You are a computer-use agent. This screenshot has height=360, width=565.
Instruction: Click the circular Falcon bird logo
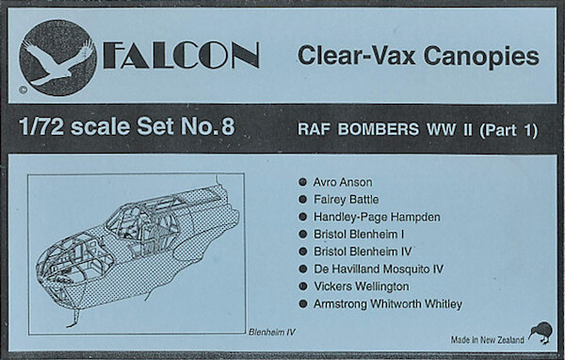point(57,57)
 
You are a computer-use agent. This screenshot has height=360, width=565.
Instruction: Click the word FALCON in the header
point(181,56)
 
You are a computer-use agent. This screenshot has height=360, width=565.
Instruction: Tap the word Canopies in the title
point(481,57)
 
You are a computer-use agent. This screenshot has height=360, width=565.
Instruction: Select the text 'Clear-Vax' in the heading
point(356,56)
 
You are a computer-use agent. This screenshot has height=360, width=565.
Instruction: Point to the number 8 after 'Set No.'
point(228,126)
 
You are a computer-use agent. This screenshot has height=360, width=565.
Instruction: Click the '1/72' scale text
point(41,126)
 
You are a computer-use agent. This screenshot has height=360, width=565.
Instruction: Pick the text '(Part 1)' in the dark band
point(508,130)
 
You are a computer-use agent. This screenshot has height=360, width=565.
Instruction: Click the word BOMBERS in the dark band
point(379,129)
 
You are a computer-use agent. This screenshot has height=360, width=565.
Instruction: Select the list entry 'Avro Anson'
point(343,182)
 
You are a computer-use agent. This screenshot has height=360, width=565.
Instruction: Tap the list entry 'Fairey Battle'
point(346,200)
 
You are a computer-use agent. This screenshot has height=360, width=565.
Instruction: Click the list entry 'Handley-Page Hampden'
point(377,217)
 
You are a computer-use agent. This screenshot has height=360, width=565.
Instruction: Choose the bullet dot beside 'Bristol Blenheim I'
point(302,235)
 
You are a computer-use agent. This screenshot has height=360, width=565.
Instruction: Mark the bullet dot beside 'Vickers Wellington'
point(302,286)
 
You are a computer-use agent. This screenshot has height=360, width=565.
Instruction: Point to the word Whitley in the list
point(443,304)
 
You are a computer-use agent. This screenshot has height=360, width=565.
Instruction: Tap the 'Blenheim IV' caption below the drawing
point(272,333)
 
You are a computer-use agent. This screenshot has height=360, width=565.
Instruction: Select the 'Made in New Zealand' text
point(488,340)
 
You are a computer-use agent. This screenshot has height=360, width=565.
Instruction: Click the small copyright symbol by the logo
point(23,90)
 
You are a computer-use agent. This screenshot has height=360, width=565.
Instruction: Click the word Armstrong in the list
point(340,304)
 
